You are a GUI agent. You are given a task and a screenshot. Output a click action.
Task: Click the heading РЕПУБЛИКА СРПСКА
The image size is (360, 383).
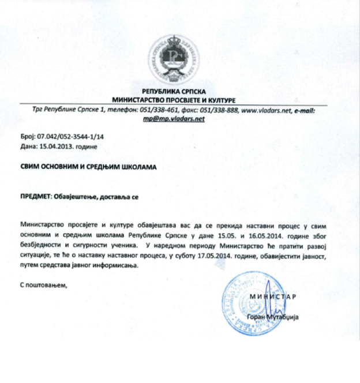[x=179, y=92]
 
